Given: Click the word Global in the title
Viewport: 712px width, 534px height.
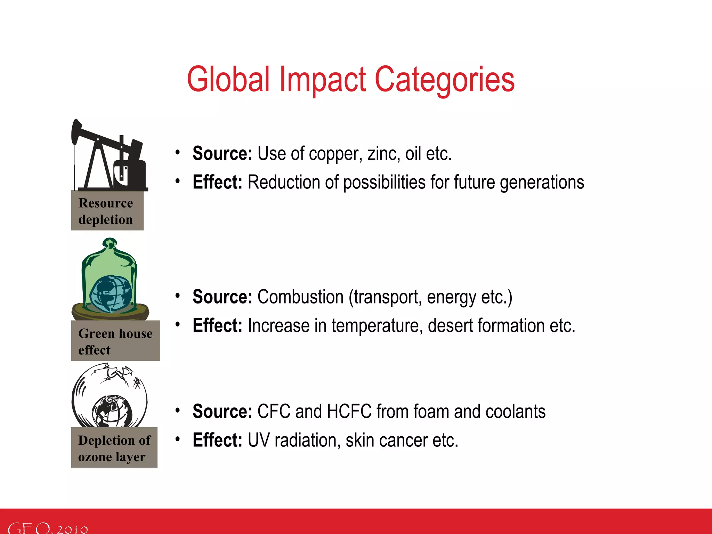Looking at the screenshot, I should click(x=228, y=80).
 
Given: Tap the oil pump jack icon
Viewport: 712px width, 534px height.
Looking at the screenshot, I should click(x=110, y=156).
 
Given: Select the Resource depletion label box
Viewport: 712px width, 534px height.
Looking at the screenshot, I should click(x=107, y=211).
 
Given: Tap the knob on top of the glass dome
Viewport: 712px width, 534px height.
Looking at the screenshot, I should click(x=110, y=242).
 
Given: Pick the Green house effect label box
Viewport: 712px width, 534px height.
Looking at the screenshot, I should click(x=115, y=341).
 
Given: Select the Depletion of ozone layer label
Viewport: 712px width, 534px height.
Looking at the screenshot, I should click(x=114, y=448).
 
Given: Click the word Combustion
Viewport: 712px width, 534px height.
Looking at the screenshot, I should click(x=300, y=297).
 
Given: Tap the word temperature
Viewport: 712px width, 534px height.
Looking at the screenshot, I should click(x=377, y=326).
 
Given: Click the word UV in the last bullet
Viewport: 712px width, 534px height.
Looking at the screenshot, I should click(x=258, y=440).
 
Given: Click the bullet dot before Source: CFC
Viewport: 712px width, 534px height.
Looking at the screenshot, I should click(x=178, y=411).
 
